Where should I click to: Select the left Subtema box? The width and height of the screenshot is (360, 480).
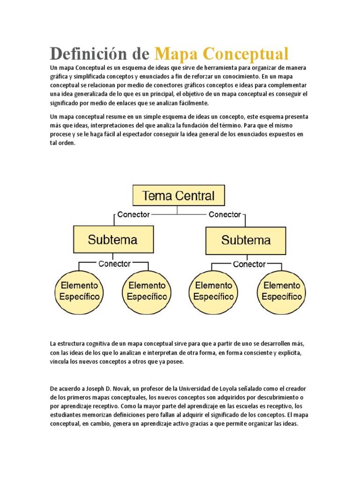tap(113, 240)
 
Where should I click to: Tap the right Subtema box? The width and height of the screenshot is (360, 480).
tap(246, 240)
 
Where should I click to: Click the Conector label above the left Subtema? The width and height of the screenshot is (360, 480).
tap(133, 215)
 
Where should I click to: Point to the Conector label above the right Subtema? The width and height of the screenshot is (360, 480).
tap(225, 215)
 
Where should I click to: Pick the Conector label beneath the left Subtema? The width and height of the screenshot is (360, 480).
tap(114, 264)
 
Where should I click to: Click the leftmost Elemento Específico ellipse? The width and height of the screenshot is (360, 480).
tap(79, 291)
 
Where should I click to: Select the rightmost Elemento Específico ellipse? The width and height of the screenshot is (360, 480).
tap(282, 291)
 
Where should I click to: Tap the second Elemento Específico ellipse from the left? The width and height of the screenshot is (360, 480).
tap(147, 291)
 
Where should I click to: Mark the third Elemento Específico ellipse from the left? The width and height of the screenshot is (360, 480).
tap(213, 291)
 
